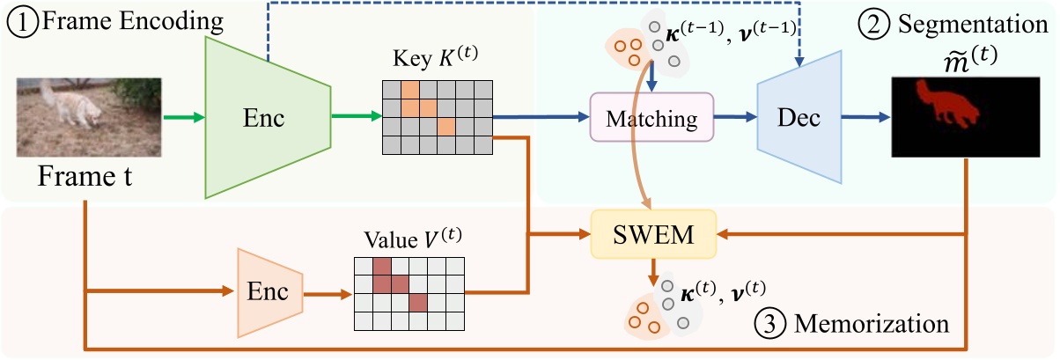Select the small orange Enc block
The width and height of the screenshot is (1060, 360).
coord(269,292)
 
